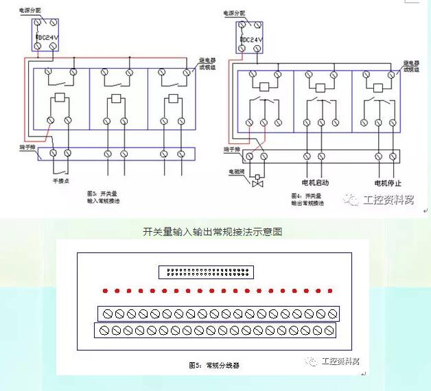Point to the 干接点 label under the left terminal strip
pyautogui.click(x=60, y=181)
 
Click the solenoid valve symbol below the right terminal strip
pyautogui.click(x=258, y=184)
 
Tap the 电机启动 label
pyautogui.click(x=315, y=183)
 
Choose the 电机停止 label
pyautogui.click(x=388, y=183)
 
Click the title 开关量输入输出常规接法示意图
pyautogui.click(x=212, y=232)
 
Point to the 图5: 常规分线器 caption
pyautogui.click(x=214, y=366)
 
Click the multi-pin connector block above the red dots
pyautogui.click(x=207, y=272)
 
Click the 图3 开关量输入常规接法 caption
pyautogui.click(x=103, y=198)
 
